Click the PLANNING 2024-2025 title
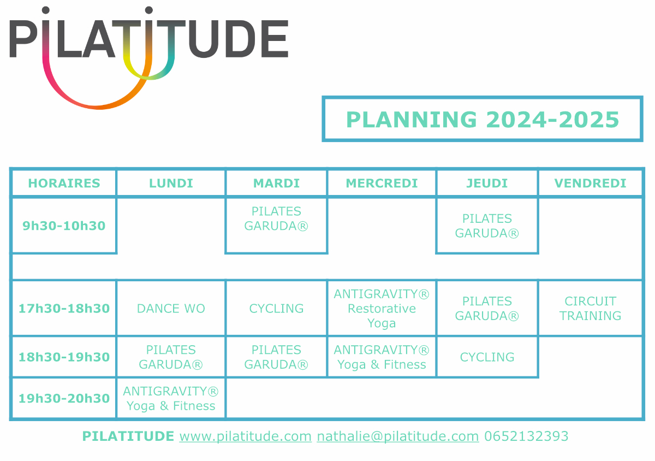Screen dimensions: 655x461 pos(483,120)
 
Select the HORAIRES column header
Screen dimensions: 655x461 pos(64,184)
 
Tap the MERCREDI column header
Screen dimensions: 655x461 pos(382,184)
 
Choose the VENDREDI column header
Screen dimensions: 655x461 pos(590,184)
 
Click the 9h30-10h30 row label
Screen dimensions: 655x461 pos(64,226)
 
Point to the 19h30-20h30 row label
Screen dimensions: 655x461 pos(64,398)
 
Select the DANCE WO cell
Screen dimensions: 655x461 pos(171,309)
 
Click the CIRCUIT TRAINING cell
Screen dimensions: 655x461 pos(590,309)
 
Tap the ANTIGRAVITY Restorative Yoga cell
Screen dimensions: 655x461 pos(382,309)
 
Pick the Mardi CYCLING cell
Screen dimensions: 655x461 pos(276,309)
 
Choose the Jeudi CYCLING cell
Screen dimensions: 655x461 pos(487,357)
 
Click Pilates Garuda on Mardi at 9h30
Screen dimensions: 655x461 pos(276,218)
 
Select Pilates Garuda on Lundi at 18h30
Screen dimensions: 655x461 pos(171,357)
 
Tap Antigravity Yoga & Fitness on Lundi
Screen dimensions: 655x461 pos(171,399)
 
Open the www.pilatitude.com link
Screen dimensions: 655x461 pos(245,436)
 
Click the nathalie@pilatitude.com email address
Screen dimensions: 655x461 pos(398,436)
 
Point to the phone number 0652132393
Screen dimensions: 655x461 pos(526,436)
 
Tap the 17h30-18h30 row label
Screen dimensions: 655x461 pos(64,309)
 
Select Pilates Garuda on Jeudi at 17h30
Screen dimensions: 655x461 pos(487,309)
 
